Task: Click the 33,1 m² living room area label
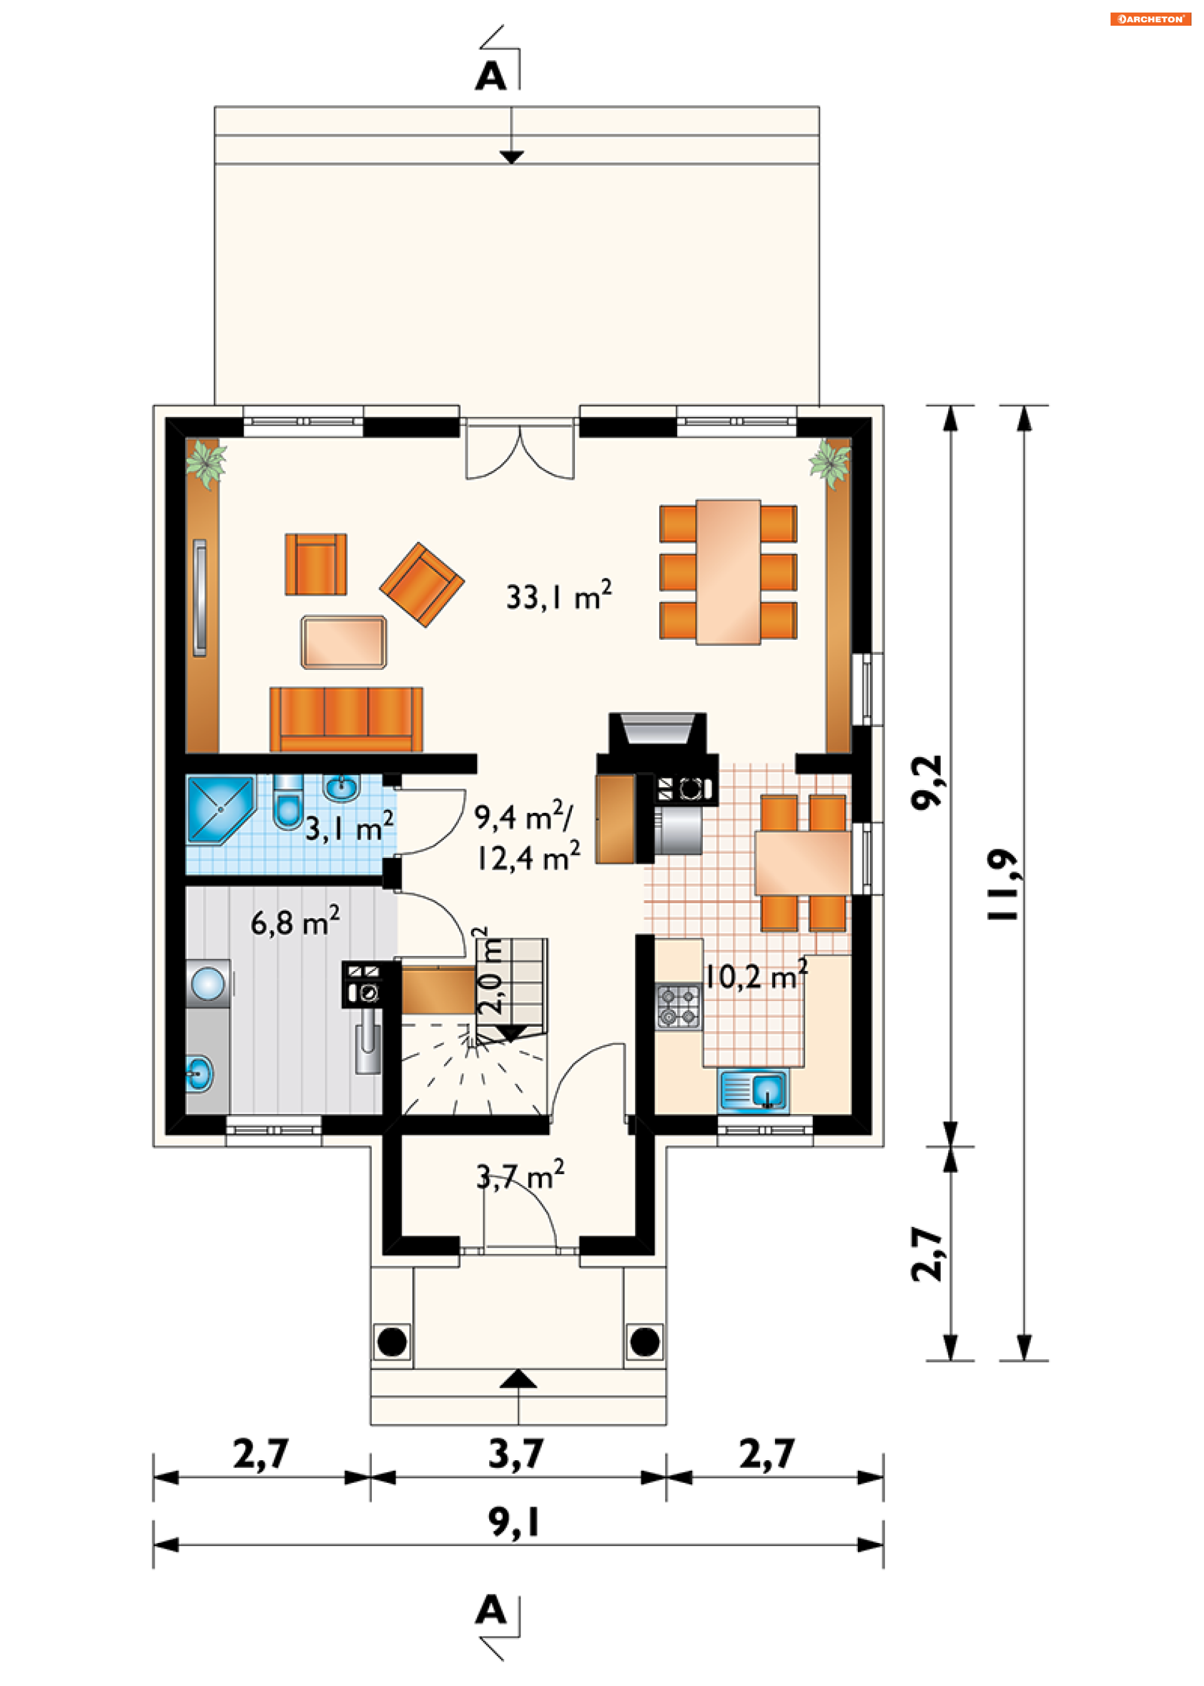(559, 595)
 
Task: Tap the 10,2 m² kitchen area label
(756, 976)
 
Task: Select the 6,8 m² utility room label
(295, 921)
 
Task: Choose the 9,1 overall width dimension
(514, 1522)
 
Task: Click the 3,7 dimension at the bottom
(517, 1453)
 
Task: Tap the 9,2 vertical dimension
(927, 782)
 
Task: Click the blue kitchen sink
(752, 1091)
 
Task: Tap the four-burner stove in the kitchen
(678, 1006)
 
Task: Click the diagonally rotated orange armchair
(422, 585)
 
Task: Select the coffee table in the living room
(343, 641)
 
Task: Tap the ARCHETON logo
(1150, 19)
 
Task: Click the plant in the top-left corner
(205, 464)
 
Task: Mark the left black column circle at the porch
(392, 1341)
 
